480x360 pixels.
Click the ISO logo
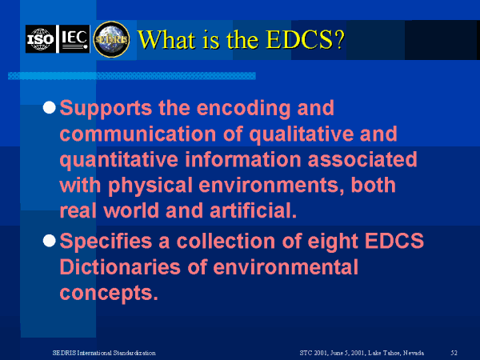tap(41, 39)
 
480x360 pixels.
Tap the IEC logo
tap(74, 39)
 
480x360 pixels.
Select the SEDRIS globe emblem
tap(111, 39)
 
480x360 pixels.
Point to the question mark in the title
tap(338, 39)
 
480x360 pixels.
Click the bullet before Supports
tap(50, 108)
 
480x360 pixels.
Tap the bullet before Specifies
tap(50, 241)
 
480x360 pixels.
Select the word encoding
tap(244, 109)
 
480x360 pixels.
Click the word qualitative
tap(301, 134)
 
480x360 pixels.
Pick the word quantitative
tap(118, 160)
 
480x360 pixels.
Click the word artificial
tap(253, 210)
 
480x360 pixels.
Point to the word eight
tap(333, 242)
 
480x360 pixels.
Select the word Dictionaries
tap(120, 267)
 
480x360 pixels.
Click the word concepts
tap(109, 294)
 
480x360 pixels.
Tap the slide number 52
tap(454, 353)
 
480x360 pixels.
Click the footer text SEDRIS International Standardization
tap(104, 353)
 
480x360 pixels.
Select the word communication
tap(138, 134)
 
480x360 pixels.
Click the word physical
tap(150, 186)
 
